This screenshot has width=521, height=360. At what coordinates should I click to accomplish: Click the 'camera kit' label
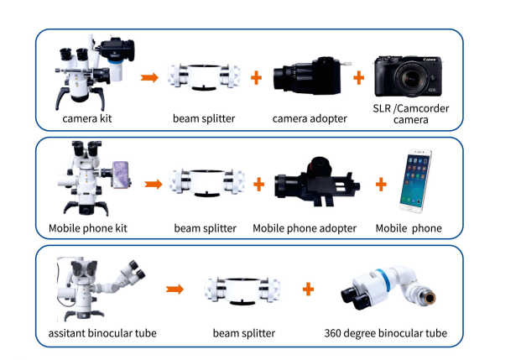tap(87, 119)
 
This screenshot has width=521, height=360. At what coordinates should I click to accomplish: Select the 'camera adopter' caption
tap(310, 119)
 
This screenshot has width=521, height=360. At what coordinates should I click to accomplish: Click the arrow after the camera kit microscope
tap(149, 78)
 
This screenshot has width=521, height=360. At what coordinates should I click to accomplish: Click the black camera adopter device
tap(309, 79)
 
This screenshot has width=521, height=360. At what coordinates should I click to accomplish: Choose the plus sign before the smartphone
tap(380, 183)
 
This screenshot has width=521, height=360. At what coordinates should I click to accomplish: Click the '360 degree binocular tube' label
tap(385, 333)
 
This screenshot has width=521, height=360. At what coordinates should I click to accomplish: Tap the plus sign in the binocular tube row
tap(309, 289)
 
